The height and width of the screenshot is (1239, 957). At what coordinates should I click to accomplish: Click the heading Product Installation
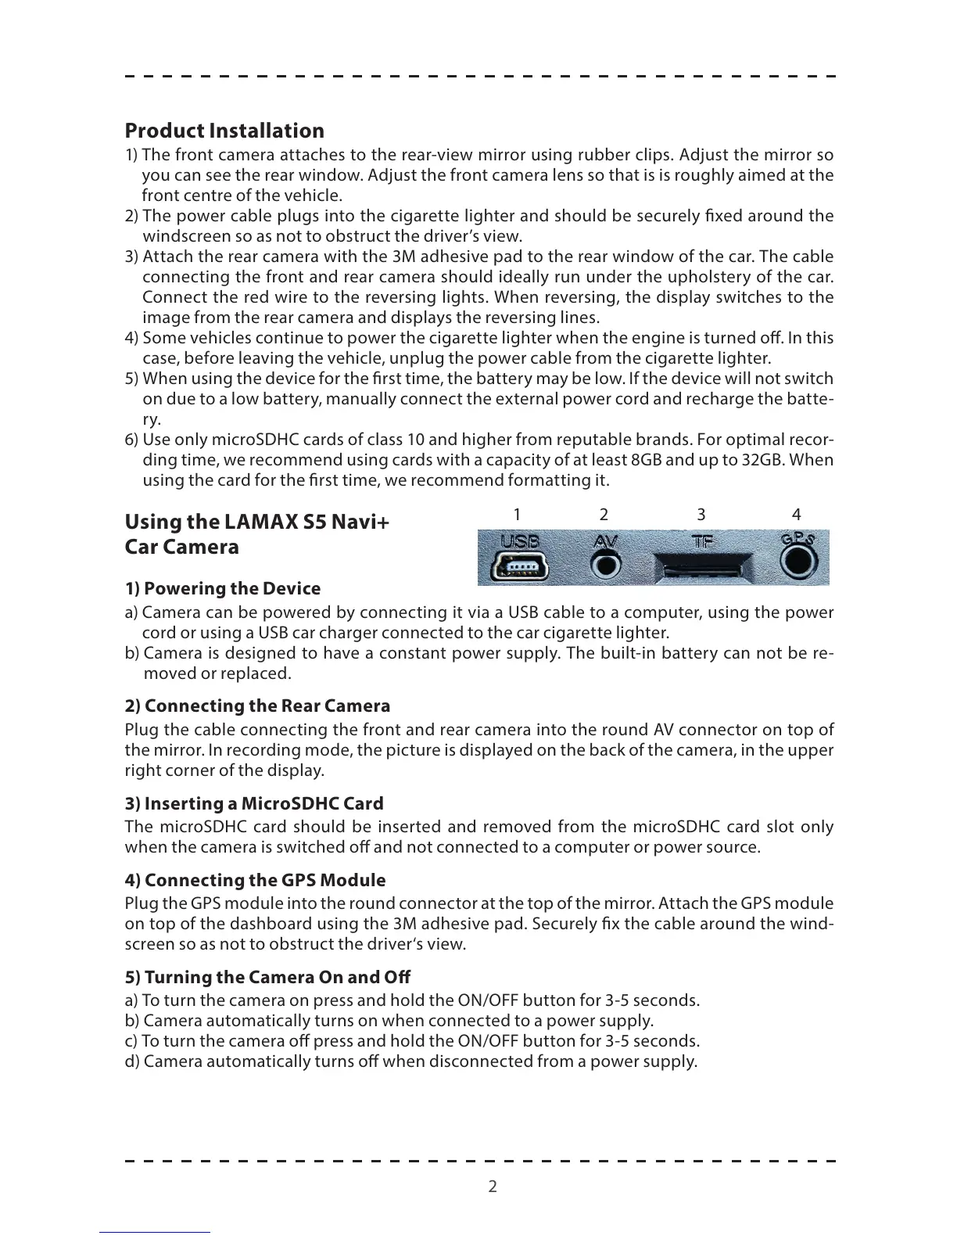(x=224, y=131)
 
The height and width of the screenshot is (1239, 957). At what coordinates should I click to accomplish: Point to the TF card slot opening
(x=702, y=566)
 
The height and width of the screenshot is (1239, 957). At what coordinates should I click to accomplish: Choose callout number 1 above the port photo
(x=517, y=514)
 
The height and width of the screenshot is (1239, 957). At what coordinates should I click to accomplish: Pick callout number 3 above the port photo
(x=701, y=514)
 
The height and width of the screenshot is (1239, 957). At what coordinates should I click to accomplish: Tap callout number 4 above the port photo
(x=796, y=514)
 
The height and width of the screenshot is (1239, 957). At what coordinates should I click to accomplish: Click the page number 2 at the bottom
(x=493, y=1187)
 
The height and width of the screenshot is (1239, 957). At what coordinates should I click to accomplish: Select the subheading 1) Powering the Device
(x=223, y=588)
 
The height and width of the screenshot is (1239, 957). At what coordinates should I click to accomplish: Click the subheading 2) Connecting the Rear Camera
(x=257, y=706)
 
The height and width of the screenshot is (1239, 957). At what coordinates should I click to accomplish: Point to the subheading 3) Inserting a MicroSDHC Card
(x=254, y=803)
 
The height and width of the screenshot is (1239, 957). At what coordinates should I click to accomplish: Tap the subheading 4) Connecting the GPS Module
(x=255, y=880)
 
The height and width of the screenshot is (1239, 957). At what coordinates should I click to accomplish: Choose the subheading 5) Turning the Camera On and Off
(x=267, y=977)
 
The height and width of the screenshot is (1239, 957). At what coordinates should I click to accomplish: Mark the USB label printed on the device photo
(x=518, y=540)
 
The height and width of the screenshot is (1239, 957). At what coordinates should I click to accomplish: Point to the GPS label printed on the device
(x=797, y=538)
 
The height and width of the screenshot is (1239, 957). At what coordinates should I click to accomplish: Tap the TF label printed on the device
(x=702, y=540)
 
